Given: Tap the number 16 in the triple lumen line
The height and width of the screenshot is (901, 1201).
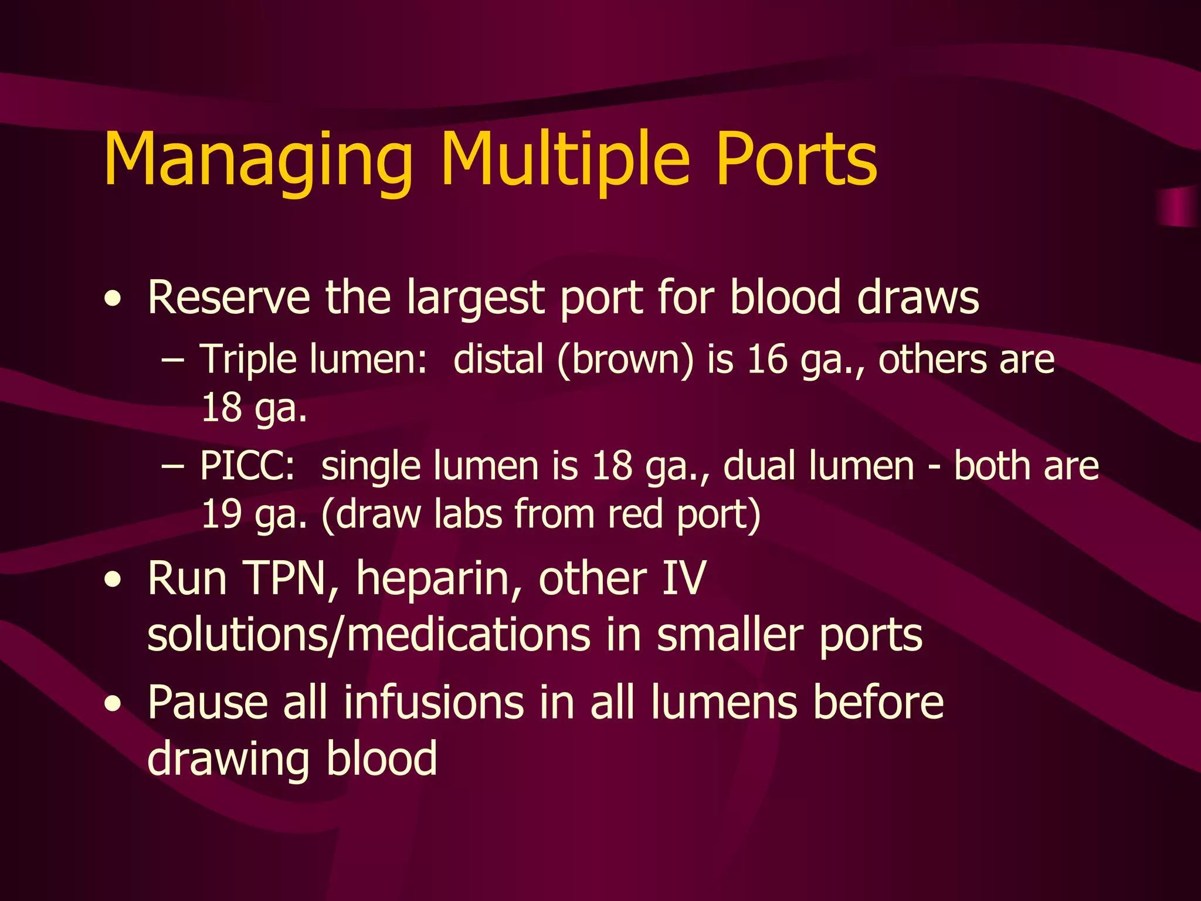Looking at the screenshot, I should point(767,359).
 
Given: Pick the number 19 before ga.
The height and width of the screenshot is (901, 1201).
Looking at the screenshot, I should point(221,514).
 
